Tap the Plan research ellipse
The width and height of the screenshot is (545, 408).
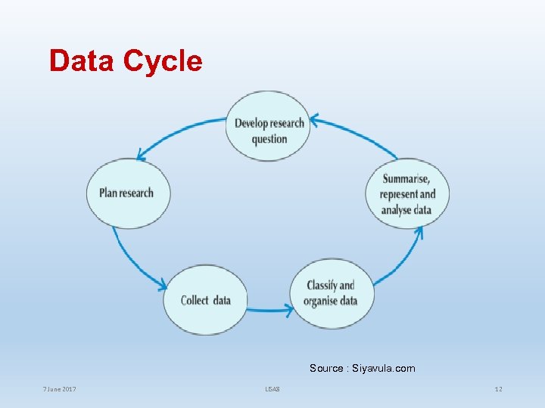coord(127,193)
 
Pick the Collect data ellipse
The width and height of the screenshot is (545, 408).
coord(205,300)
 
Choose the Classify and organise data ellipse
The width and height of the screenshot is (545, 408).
coord(330,293)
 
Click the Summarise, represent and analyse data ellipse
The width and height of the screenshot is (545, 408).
coord(409,193)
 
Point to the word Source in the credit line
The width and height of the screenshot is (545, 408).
coord(326,369)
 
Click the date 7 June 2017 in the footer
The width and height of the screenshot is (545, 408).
coord(59,389)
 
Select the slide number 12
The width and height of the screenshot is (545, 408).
coord(498,389)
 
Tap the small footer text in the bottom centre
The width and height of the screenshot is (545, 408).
coord(272,389)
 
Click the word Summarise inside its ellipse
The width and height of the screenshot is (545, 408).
coord(406,179)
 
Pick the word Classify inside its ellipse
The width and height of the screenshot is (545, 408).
coord(321,286)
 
